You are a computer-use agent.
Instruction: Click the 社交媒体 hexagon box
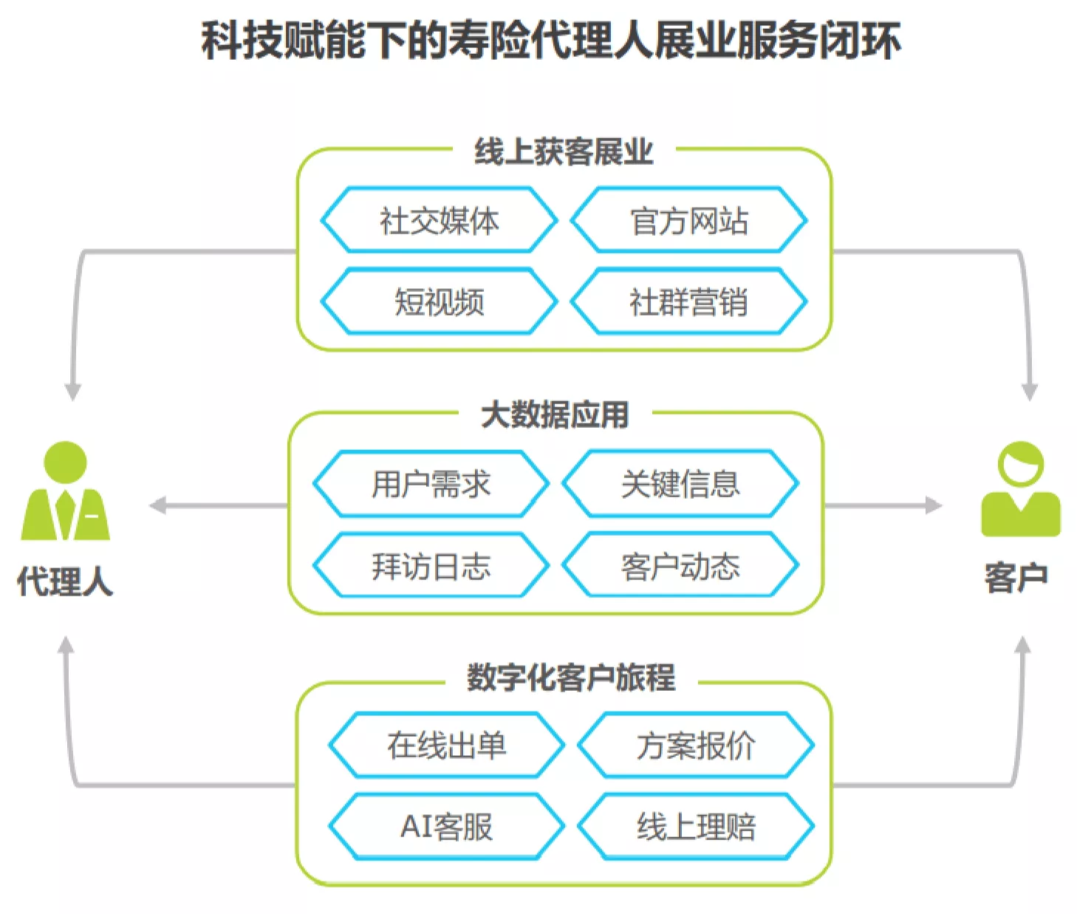pyautogui.click(x=439, y=220)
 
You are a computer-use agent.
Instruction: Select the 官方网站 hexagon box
pyautogui.click(x=688, y=220)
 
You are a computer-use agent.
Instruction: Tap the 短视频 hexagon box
pyautogui.click(x=439, y=301)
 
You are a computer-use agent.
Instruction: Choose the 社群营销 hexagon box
pyautogui.click(x=688, y=301)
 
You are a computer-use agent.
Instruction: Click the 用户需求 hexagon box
pyautogui.click(x=431, y=483)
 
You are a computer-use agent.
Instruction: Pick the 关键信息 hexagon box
pyautogui.click(x=680, y=483)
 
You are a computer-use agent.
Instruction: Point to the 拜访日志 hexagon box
pyautogui.click(x=431, y=565)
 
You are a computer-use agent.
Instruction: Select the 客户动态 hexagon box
pyautogui.click(x=680, y=565)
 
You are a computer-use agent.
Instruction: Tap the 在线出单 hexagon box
pyautogui.click(x=447, y=746)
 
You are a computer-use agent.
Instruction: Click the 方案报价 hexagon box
pyautogui.click(x=696, y=746)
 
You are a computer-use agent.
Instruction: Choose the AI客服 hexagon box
pyautogui.click(x=447, y=827)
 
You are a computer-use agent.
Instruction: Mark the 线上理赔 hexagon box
pyautogui.click(x=696, y=827)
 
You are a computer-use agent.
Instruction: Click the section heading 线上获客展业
pyautogui.click(x=564, y=151)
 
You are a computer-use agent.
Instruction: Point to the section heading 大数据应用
pyautogui.click(x=555, y=415)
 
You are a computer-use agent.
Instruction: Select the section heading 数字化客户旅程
pyautogui.click(x=571, y=678)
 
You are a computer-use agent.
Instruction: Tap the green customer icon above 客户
pyautogui.click(x=1021, y=489)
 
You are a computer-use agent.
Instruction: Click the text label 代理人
pyautogui.click(x=65, y=581)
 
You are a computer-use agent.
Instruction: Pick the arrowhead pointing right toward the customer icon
pyautogui.click(x=934, y=505)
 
